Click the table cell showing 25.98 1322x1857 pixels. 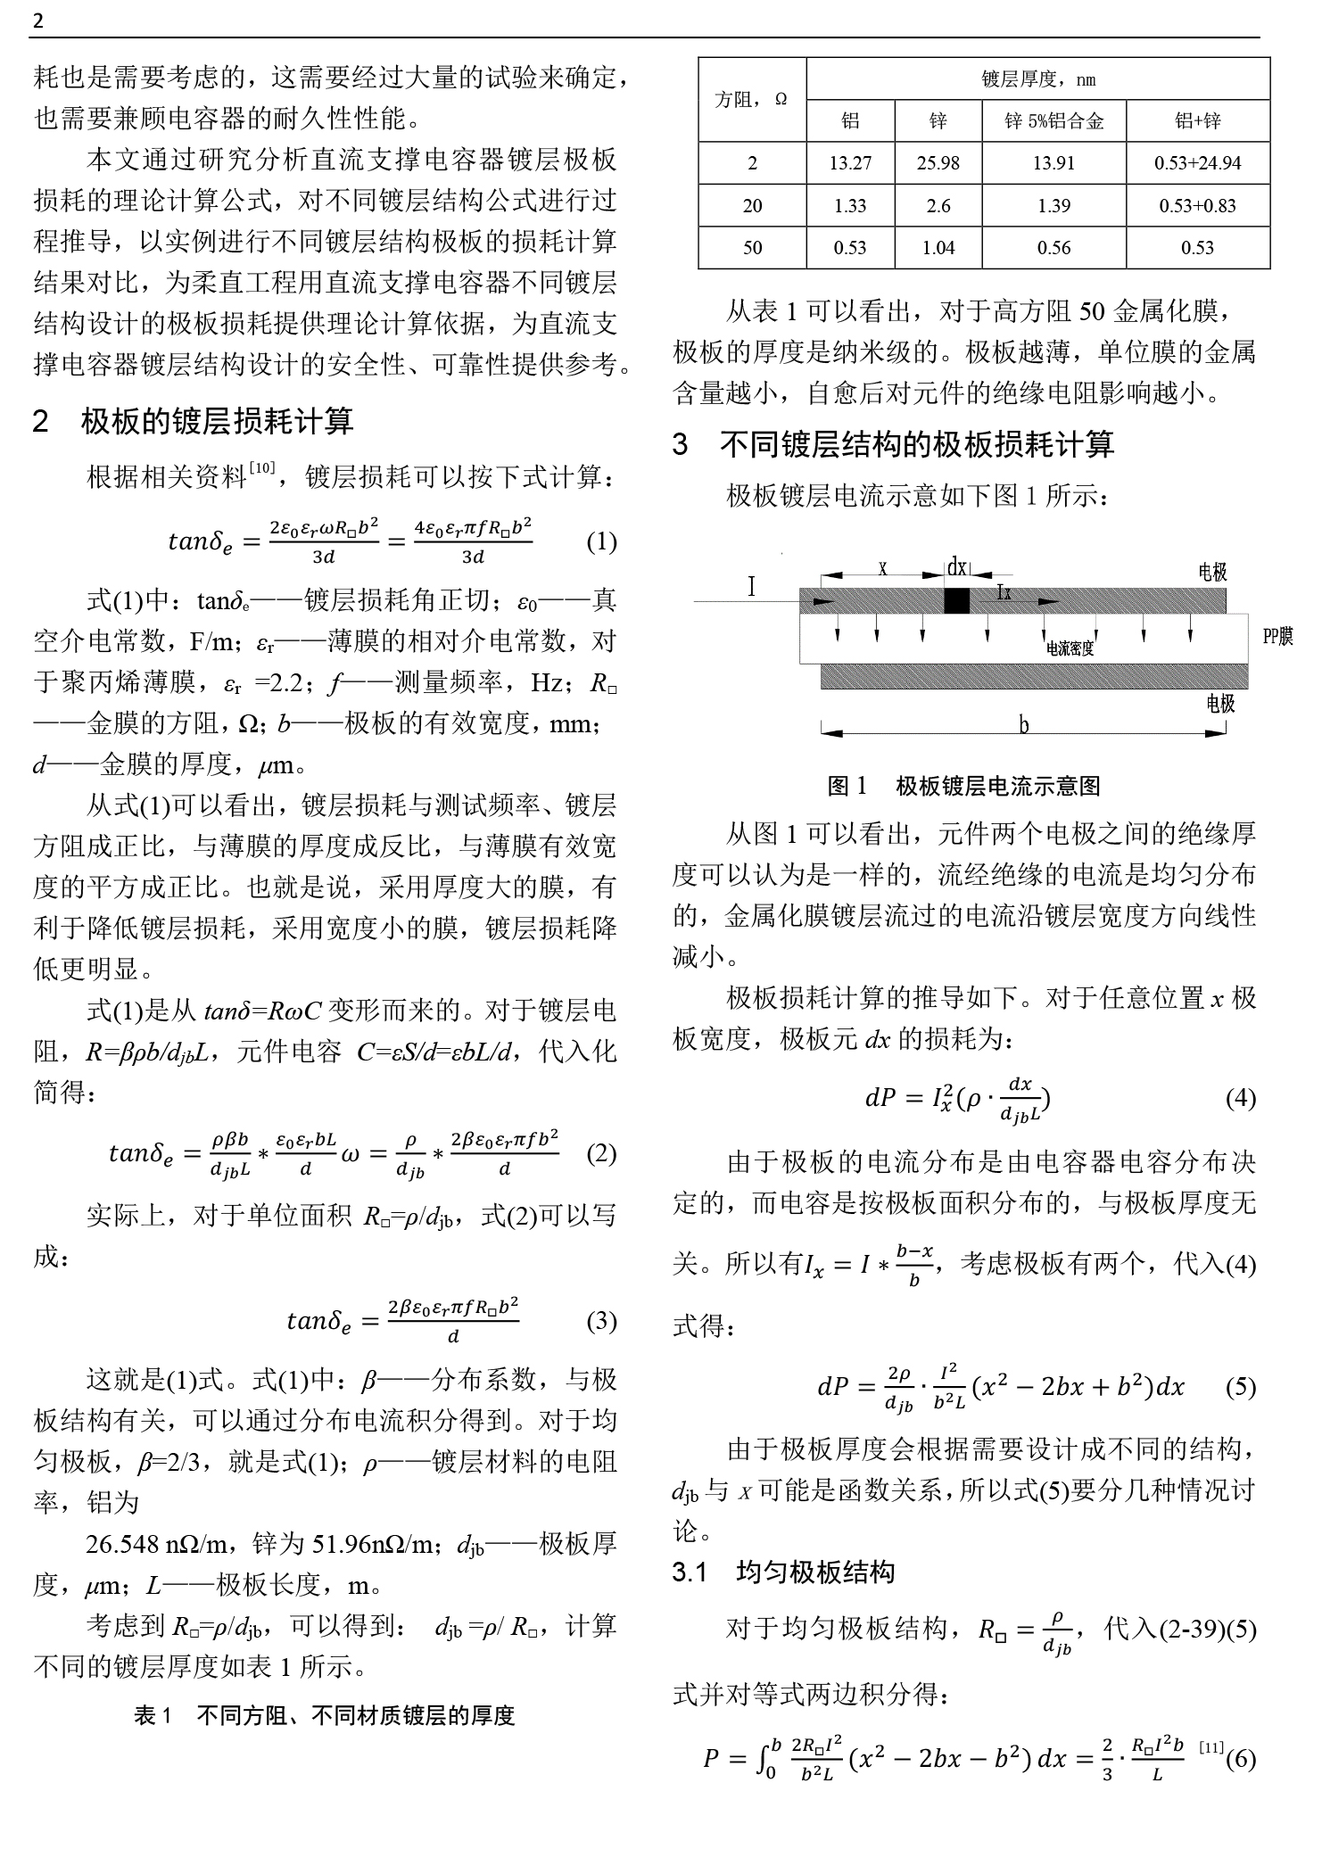coord(938,163)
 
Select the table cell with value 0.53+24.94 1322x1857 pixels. coord(1197,163)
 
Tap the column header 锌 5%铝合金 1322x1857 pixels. coord(1053,121)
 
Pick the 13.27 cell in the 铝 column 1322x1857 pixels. coord(849,163)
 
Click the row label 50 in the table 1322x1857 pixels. coord(752,248)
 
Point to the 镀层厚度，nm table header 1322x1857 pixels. coord(1037,79)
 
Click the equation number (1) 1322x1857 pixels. coord(601,541)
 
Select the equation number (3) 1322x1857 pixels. coord(601,1321)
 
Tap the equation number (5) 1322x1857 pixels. coord(1240,1387)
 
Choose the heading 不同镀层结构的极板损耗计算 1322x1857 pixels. coord(916,444)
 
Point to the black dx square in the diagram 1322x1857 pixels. coord(956,600)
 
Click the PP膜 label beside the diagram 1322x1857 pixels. coord(1277,636)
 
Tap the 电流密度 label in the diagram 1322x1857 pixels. coord(1070,648)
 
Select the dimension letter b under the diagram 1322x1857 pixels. coord(1024,725)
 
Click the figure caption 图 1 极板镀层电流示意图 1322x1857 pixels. coord(963,786)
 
